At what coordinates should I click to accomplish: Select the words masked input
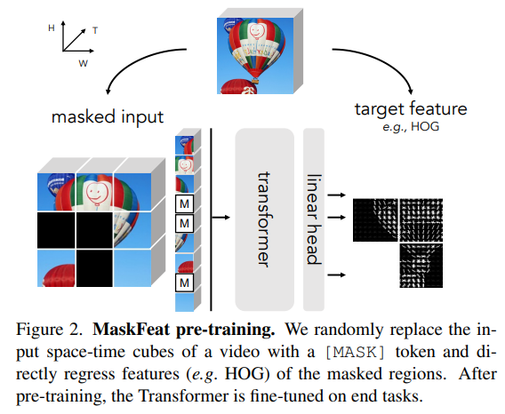[x=108, y=116]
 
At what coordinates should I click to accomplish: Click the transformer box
[x=263, y=219]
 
